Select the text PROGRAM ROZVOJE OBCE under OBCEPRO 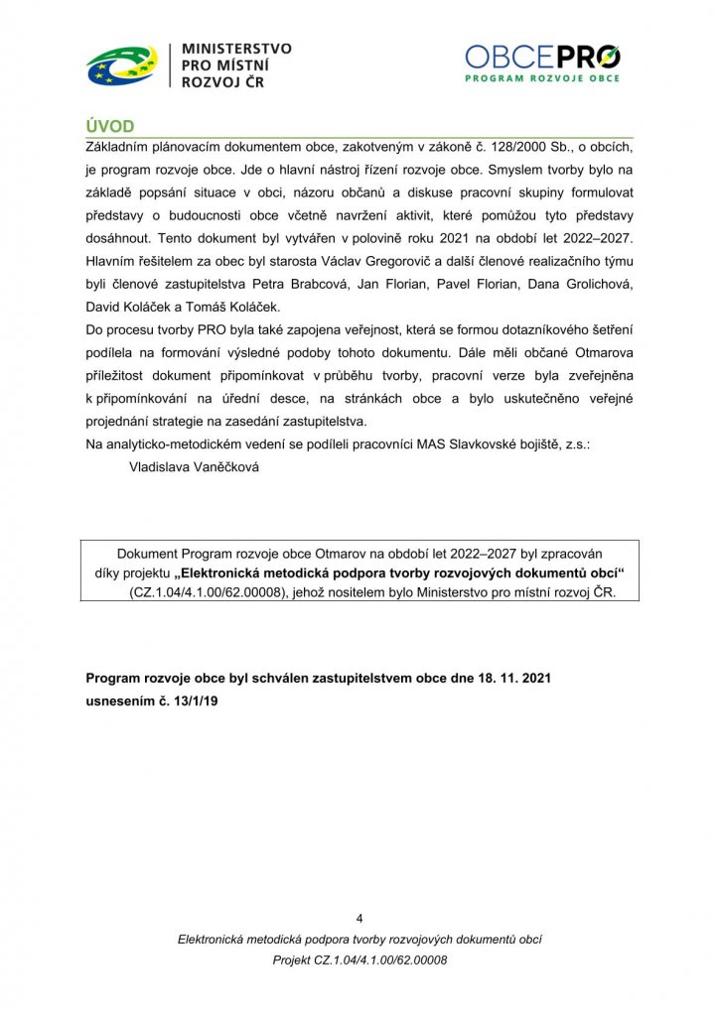coord(542,77)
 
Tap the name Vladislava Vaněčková coord(188,465)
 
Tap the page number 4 coord(359,917)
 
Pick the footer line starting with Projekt coord(359,960)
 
